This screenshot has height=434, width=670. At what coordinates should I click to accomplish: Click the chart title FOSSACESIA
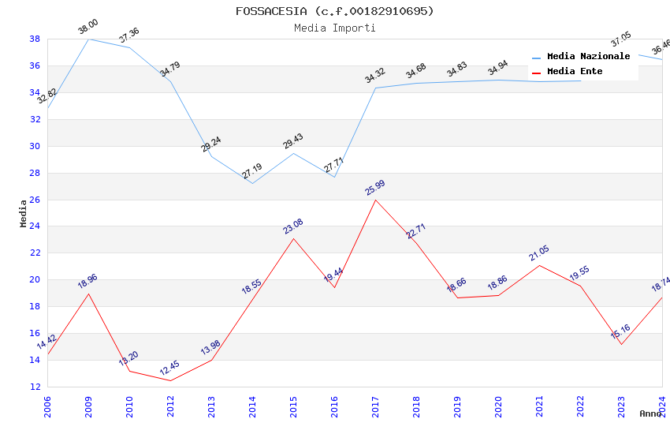coord(334,11)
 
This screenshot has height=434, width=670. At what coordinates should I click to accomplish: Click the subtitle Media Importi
coord(334,28)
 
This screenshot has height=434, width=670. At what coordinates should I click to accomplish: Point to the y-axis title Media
coord(24,213)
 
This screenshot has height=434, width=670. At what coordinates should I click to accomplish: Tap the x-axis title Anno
coord(650,413)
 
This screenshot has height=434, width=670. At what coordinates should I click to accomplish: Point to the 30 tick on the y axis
coord(35,146)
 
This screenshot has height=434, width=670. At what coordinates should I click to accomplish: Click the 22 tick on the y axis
coord(35,253)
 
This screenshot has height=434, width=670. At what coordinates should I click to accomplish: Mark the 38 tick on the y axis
coord(35,39)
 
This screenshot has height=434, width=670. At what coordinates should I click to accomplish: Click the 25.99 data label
coord(375,188)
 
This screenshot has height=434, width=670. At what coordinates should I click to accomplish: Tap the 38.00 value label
coord(87,28)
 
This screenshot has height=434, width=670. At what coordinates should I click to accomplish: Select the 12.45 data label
coord(170,369)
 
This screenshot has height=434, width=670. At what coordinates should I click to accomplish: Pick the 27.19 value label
coord(252,171)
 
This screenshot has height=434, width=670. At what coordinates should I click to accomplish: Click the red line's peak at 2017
coord(375,200)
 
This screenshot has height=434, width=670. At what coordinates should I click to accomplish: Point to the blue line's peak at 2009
coord(88,39)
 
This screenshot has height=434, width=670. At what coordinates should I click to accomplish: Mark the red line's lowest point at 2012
coord(170,381)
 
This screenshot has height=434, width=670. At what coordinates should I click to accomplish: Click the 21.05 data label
coord(539,253)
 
